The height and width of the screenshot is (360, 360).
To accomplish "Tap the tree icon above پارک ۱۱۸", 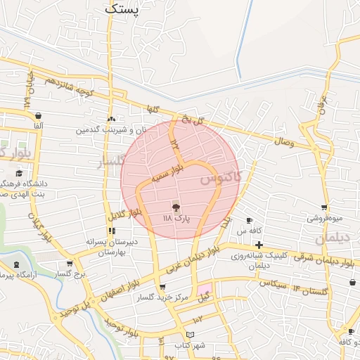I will point(176,207).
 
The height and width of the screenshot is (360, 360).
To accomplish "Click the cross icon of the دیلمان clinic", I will point(259,244).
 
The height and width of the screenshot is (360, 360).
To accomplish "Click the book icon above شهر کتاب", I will point(190,334).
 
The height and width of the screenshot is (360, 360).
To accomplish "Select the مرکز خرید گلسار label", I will point(163,297).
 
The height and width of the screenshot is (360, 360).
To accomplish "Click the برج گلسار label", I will point(70,273).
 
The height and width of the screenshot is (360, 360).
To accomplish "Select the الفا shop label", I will point(37,124).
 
